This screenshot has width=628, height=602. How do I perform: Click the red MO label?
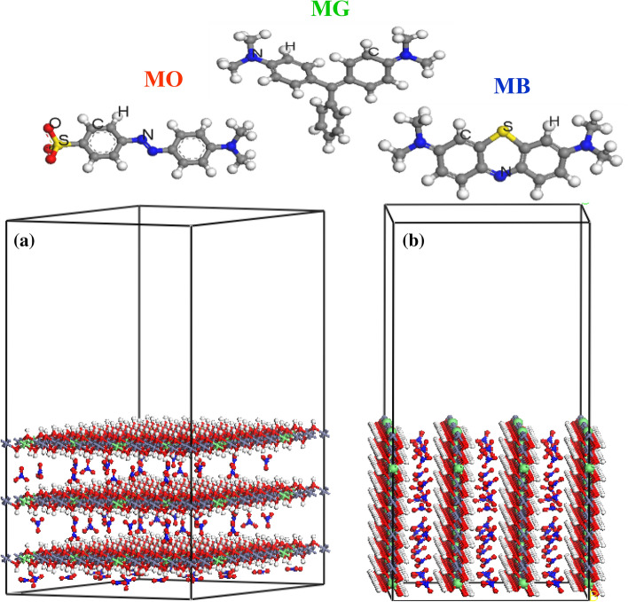click(163, 79)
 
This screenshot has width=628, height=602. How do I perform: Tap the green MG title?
click(331, 8)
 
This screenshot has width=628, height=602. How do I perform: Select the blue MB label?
click(512, 86)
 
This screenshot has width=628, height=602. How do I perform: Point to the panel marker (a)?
click(24, 241)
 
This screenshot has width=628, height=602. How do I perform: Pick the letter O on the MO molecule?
click(55, 123)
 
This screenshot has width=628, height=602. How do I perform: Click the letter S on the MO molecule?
click(64, 140)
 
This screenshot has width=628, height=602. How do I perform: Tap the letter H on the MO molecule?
click(123, 112)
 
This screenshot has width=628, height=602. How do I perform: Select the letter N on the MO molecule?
click(148, 135)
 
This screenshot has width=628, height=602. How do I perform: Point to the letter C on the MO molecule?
click(98, 124)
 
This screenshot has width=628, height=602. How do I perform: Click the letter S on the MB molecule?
click(508, 127)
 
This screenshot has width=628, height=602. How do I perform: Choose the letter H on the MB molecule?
click(553, 121)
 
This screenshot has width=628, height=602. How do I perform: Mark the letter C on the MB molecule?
click(466, 135)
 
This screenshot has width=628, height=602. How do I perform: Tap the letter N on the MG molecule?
click(257, 53)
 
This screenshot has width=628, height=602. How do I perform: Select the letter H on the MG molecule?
click(290, 46)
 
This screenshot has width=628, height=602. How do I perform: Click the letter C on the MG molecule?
click(373, 51)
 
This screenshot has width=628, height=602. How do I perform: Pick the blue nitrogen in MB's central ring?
click(497, 174)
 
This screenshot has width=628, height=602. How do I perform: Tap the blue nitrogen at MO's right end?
click(232, 146)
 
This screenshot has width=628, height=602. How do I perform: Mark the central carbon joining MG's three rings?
click(332, 86)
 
